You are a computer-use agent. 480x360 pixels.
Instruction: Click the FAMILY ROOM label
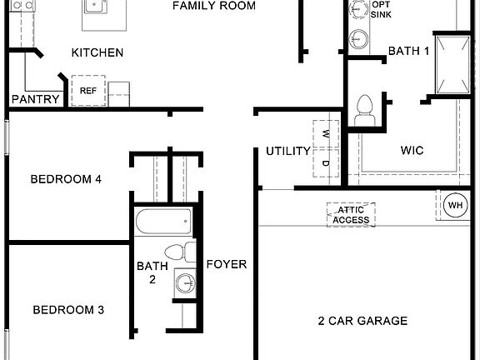(x=213, y=7)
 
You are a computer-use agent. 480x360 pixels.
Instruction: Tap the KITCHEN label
(x=97, y=53)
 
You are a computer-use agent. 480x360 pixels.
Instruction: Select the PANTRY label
(x=35, y=100)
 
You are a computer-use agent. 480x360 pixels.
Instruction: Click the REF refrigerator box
(x=87, y=91)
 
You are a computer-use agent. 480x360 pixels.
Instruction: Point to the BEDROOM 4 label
(x=66, y=179)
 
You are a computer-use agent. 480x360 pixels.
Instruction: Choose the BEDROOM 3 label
(x=68, y=311)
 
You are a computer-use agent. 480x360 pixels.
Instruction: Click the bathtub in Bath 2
(x=164, y=222)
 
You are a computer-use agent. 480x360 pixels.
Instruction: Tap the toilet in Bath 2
(x=176, y=252)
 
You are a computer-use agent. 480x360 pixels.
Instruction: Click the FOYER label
(x=227, y=265)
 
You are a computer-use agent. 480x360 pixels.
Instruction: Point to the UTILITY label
(x=288, y=152)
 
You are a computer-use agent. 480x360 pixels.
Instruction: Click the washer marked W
(x=326, y=133)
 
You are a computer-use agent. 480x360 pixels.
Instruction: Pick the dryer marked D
(x=326, y=164)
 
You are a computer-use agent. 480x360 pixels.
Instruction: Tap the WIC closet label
(x=412, y=151)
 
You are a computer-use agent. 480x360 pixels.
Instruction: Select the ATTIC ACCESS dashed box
(x=352, y=214)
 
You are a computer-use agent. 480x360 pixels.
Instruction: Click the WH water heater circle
(x=456, y=205)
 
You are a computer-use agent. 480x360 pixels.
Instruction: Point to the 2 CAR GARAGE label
(x=362, y=321)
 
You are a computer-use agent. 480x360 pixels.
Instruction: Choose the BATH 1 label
(x=409, y=52)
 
